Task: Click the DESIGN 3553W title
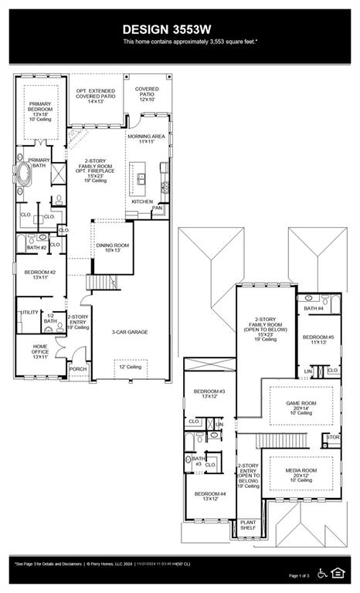(x=179, y=29)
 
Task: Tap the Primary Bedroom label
(x=39, y=109)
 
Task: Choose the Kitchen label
(x=142, y=202)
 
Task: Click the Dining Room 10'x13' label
(x=109, y=248)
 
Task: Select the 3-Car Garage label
(x=130, y=332)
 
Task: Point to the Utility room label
(x=29, y=312)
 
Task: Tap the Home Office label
(x=40, y=351)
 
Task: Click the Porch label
(x=78, y=369)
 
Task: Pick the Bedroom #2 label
(x=40, y=274)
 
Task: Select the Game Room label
(x=302, y=406)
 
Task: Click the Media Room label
(x=301, y=474)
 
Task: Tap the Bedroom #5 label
(x=318, y=340)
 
